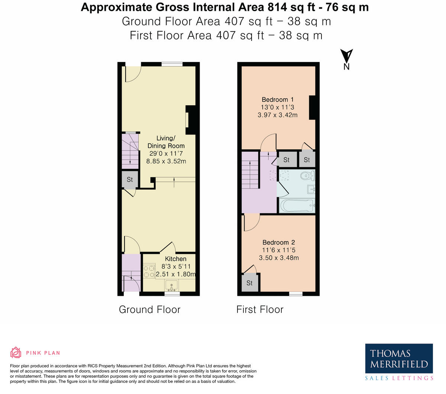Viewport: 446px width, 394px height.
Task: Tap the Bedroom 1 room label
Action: [278, 100]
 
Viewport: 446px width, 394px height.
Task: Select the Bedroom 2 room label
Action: [278, 242]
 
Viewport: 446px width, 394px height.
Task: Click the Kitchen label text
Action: [175, 259]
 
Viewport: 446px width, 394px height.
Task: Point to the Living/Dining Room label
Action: [166, 142]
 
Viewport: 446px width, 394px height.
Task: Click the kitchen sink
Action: [171, 286]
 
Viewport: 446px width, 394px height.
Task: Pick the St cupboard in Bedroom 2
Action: [249, 283]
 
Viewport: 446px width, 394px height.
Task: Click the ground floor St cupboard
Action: [130, 180]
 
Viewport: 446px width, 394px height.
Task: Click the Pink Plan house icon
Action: [16, 352]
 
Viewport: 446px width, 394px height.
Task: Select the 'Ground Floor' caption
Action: [149, 310]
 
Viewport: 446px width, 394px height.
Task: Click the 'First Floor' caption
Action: [260, 310]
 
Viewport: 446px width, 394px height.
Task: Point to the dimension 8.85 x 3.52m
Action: [166, 161]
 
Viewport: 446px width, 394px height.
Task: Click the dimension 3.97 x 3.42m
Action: [278, 115]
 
